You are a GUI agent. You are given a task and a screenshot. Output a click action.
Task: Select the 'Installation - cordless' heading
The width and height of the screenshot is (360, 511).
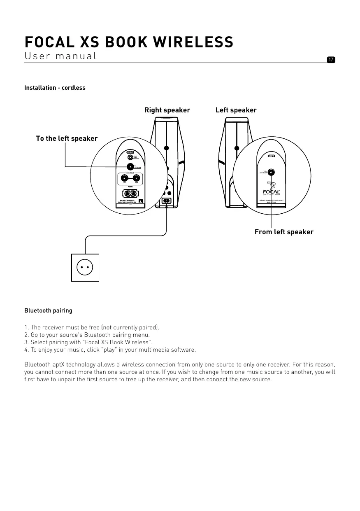55,88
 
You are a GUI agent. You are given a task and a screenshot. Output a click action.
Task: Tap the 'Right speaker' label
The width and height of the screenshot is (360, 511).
167,110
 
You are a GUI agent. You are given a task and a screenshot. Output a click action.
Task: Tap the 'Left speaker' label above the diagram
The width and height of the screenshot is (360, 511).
236,110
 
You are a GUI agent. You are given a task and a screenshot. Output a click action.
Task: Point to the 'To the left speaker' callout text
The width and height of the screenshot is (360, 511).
67,138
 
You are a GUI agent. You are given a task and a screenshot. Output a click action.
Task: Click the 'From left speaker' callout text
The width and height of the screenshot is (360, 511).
284,232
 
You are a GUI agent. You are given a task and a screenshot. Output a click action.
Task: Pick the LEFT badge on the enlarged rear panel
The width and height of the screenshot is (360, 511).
271,156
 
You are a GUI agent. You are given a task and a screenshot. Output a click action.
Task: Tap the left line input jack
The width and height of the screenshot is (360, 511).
124,179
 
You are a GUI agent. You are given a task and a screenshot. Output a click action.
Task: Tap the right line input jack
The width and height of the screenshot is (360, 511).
136,179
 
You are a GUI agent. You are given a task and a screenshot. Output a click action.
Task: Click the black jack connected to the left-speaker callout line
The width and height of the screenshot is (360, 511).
130,167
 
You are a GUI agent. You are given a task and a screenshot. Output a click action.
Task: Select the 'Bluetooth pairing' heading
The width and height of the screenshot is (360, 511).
48,310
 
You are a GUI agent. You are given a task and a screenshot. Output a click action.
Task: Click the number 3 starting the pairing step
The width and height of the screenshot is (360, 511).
26,342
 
